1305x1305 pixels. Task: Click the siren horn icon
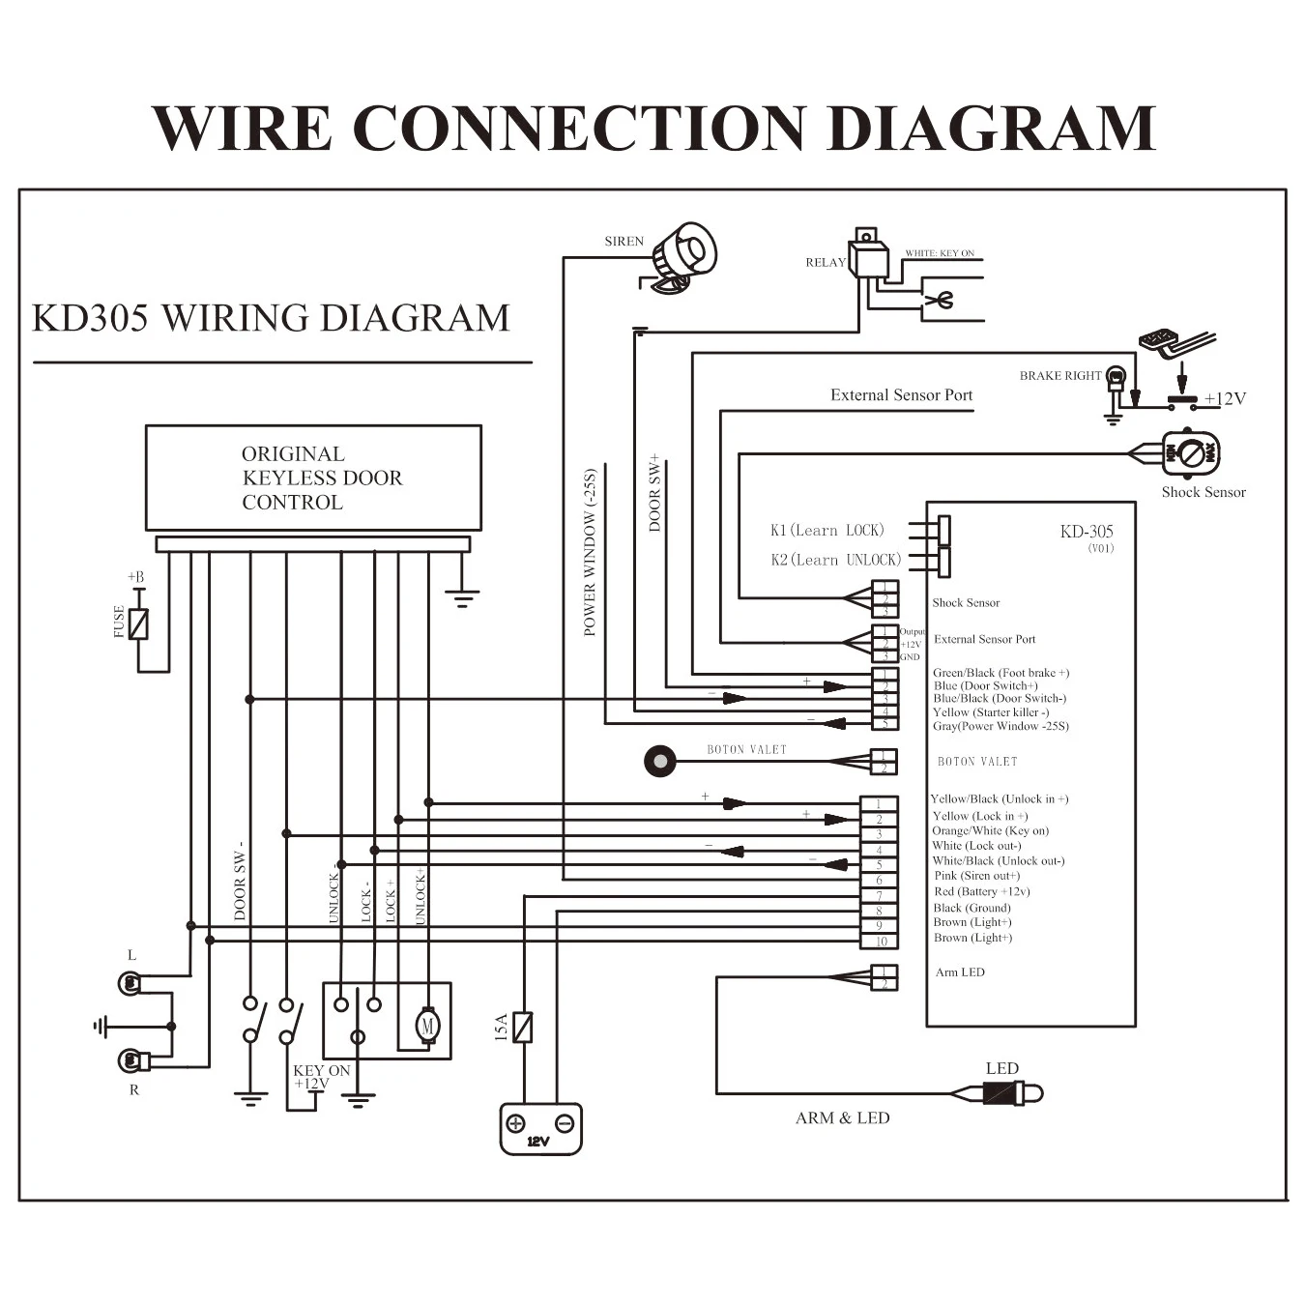(x=682, y=256)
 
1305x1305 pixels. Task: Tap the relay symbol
(x=868, y=257)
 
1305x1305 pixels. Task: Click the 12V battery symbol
(x=540, y=1128)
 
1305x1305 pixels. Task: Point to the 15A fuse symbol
(x=523, y=1027)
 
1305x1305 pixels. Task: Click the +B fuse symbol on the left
(x=139, y=623)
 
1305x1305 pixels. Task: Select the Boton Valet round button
(x=660, y=761)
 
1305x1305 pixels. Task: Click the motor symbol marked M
(x=427, y=1024)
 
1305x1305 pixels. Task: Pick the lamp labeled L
(x=130, y=983)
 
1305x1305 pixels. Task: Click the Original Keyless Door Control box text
(x=321, y=478)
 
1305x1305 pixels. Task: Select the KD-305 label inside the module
(x=1086, y=532)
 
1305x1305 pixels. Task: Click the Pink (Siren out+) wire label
(x=976, y=876)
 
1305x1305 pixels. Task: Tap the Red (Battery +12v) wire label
(x=981, y=891)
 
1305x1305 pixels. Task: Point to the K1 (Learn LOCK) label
(x=826, y=530)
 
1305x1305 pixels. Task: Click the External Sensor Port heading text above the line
(x=901, y=394)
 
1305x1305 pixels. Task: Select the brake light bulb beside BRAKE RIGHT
(x=1116, y=377)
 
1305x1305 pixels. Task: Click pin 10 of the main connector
(x=880, y=942)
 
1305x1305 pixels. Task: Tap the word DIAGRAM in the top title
(x=992, y=129)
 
